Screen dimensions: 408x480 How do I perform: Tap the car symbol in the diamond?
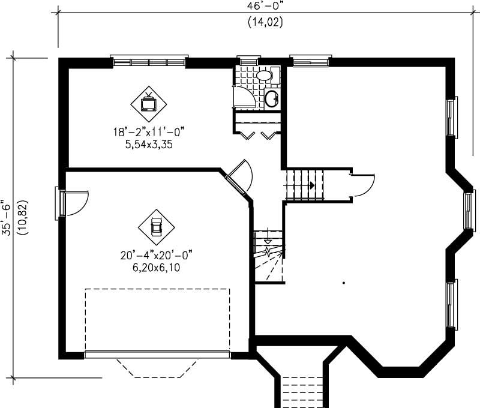(x=156, y=226)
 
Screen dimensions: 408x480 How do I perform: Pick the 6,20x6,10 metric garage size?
(x=155, y=268)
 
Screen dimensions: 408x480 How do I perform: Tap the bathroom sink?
(x=272, y=98)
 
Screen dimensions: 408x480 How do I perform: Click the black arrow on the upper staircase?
(x=312, y=185)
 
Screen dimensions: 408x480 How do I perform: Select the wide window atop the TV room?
(x=149, y=61)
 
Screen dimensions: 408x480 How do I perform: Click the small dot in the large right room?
(x=344, y=282)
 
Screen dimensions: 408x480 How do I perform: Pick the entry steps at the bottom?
(x=302, y=390)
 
